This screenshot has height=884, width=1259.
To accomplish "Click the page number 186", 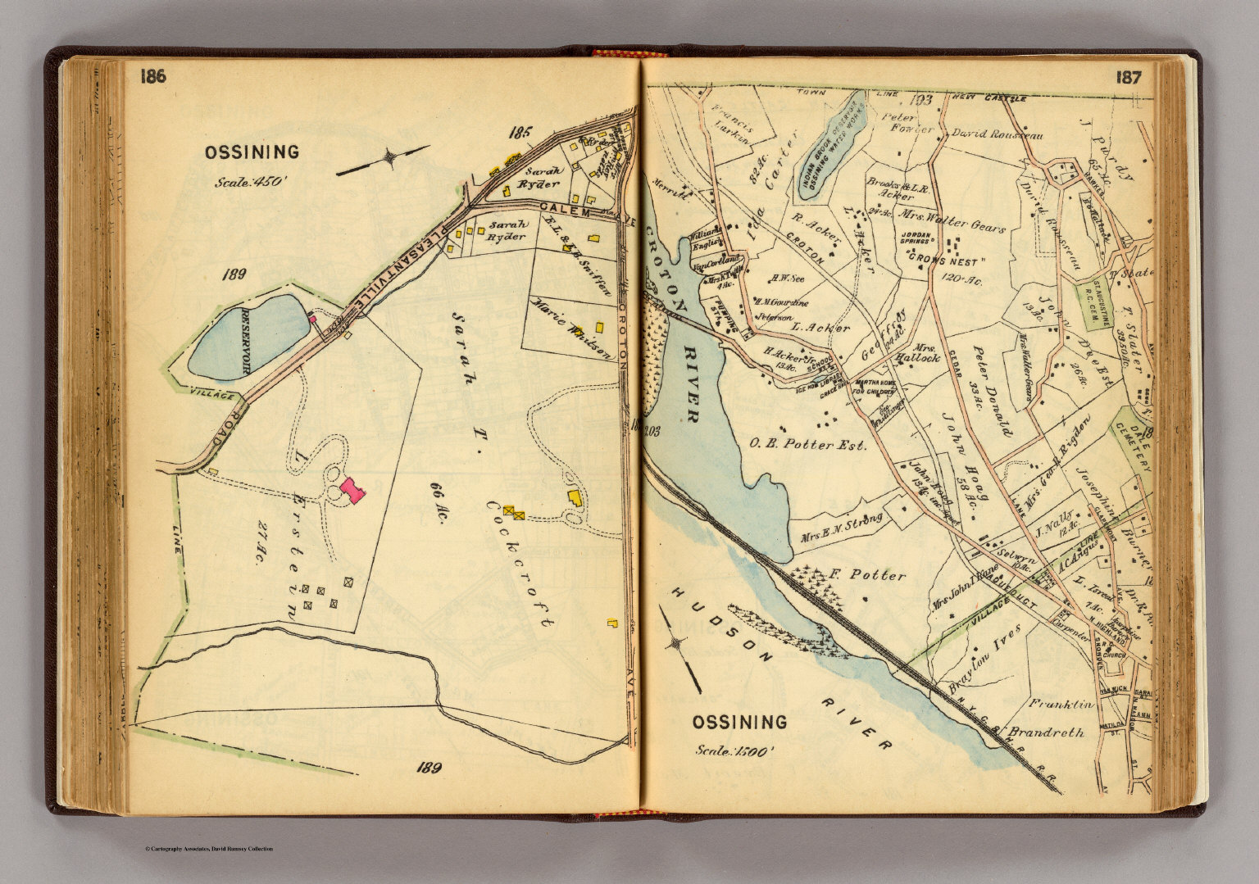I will [152, 77].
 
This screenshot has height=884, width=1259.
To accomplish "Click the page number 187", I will [1134, 78].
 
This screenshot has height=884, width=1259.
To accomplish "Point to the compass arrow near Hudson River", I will [681, 651].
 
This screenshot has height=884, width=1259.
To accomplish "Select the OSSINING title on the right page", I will [739, 722].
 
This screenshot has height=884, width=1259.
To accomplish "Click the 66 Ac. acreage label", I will [434, 500].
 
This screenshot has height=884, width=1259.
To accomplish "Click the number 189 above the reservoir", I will [234, 274].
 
